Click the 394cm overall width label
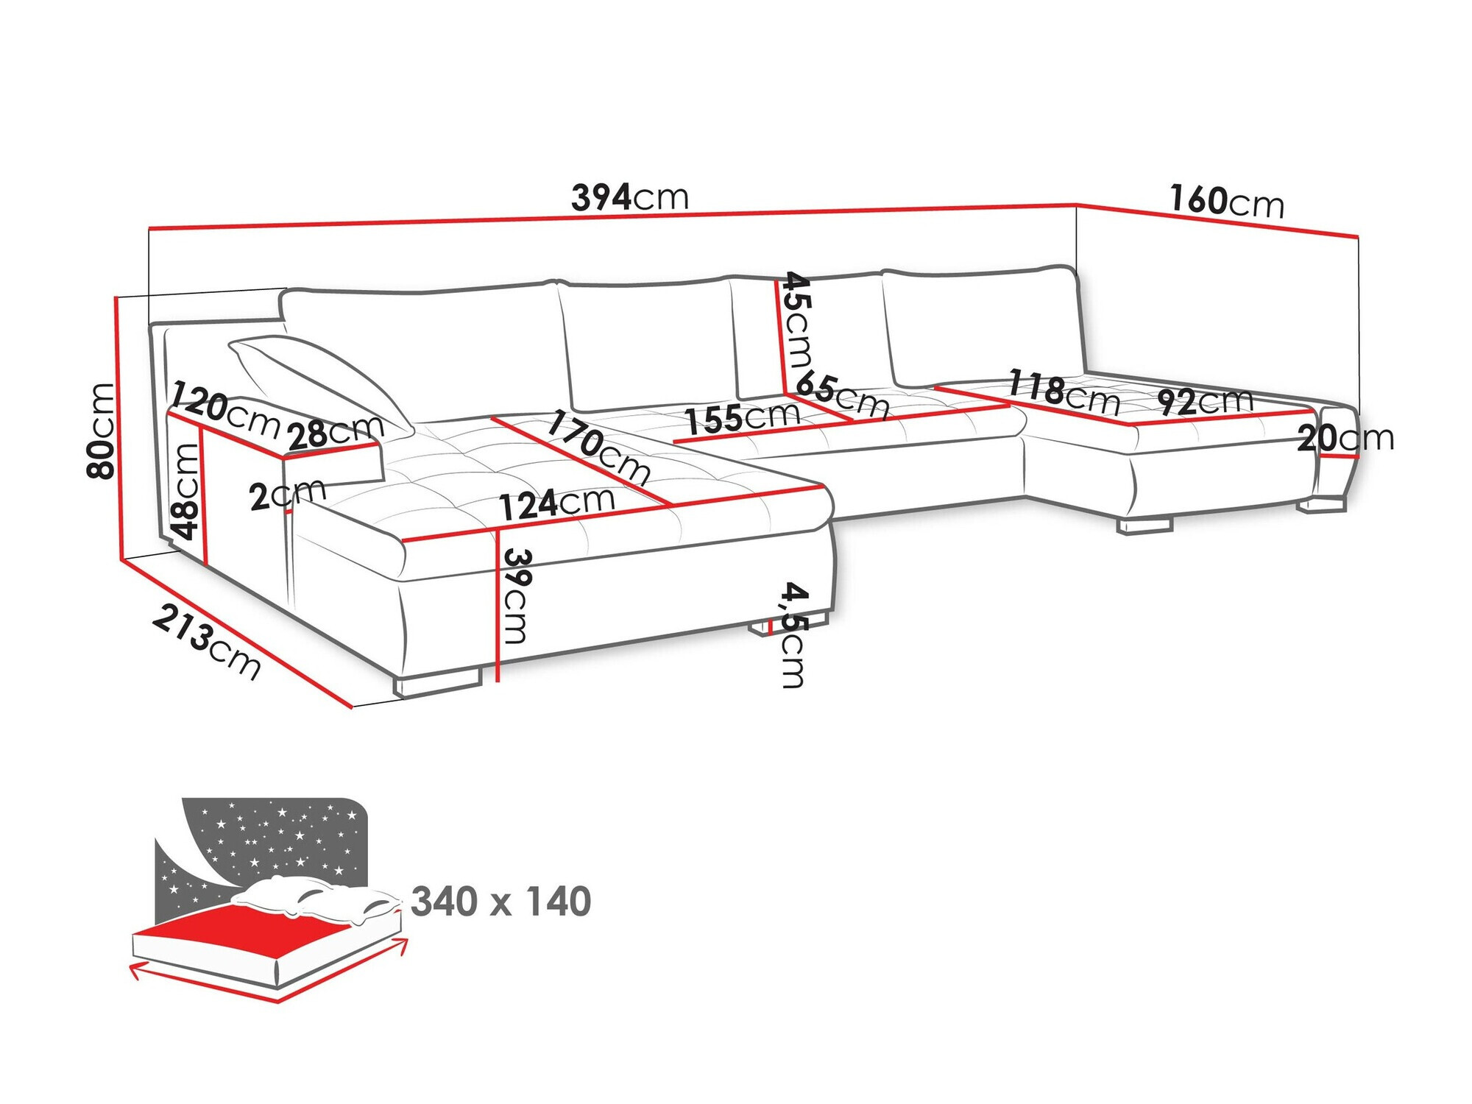(x=630, y=197)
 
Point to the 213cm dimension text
(x=207, y=642)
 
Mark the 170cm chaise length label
(x=598, y=447)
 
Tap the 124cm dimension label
(x=556, y=504)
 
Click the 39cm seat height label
(x=515, y=595)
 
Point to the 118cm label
(x=1064, y=393)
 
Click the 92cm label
(x=1205, y=401)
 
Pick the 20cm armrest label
(x=1345, y=439)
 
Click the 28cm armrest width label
(x=336, y=432)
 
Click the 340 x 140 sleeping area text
(x=500, y=902)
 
